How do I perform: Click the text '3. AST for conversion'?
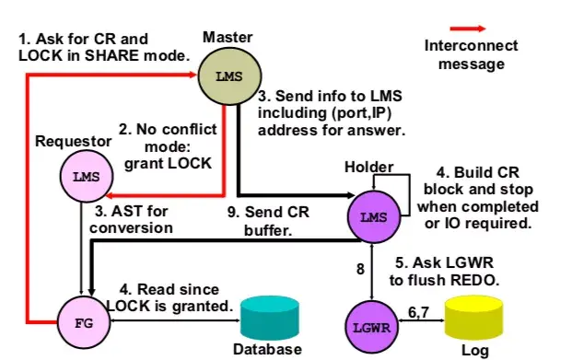133,219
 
